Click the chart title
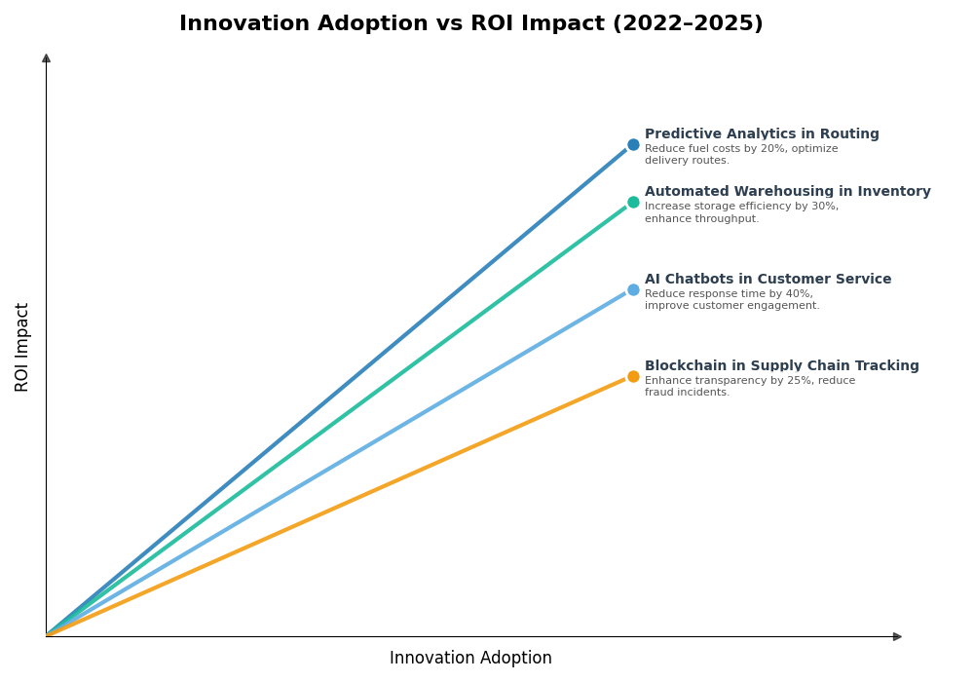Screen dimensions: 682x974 470,24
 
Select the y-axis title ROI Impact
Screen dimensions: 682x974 22,347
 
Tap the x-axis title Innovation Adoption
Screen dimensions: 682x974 470,659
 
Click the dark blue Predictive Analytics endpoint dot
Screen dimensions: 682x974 633,144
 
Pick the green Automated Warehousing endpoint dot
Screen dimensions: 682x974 633,203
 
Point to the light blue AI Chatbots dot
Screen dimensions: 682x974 633,289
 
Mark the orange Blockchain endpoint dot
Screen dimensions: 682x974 633,376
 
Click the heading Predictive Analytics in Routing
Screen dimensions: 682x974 762,134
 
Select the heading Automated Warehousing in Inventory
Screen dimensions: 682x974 787,192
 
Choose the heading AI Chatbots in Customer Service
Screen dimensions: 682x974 768,280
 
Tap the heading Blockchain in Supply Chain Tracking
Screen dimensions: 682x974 781,366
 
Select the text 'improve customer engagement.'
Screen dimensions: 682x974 731,306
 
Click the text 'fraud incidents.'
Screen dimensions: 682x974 687,393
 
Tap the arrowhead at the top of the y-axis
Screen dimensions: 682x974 46,58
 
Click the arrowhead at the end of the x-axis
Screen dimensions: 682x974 897,636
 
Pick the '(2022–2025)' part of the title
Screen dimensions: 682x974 688,24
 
